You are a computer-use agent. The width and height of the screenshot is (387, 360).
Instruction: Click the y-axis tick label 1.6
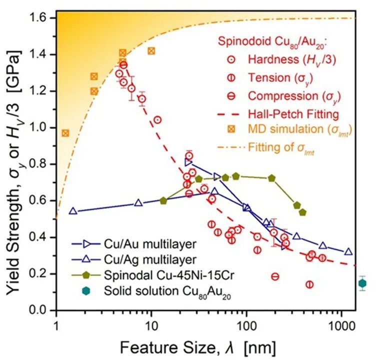[40, 18]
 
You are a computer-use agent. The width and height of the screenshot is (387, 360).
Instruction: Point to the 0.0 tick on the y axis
[40, 310]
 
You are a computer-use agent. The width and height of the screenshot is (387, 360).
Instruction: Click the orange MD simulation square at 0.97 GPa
[65, 133]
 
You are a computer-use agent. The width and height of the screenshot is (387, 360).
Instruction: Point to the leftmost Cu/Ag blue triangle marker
[73, 211]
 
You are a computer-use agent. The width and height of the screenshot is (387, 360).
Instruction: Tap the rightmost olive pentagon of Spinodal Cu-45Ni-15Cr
[302, 212]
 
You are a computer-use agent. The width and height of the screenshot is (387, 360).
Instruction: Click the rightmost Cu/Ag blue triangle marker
[348, 251]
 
